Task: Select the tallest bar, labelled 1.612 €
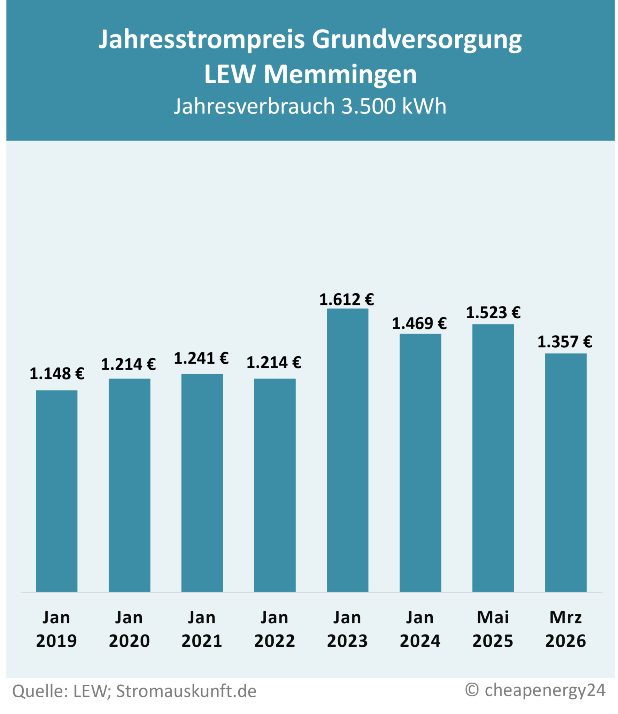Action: point(347,450)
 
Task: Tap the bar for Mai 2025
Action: point(493,458)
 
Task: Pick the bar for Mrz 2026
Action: point(566,473)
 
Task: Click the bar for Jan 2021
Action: point(202,483)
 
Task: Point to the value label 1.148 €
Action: point(57,374)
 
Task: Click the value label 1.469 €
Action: point(419,324)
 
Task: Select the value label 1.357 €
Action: point(565,342)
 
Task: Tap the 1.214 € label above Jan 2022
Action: point(274,363)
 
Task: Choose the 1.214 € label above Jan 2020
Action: point(129,364)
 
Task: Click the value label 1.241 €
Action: point(201,358)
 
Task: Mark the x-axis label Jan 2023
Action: point(347,629)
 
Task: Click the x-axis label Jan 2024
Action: point(420,629)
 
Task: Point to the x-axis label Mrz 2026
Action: point(566,629)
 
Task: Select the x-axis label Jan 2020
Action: point(129,629)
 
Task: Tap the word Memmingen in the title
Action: point(340,74)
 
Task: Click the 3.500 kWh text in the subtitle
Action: point(394,106)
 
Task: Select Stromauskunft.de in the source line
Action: point(186,691)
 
